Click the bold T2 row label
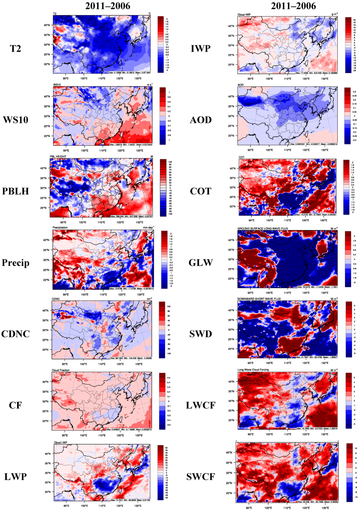click(x=15, y=48)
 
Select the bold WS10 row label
click(x=15, y=120)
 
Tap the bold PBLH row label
click(x=15, y=191)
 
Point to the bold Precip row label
click(x=15, y=263)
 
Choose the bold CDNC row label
click(x=15, y=334)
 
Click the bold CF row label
click(x=15, y=405)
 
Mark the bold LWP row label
click(x=15, y=477)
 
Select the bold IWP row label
click(x=201, y=48)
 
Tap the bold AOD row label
click(x=201, y=120)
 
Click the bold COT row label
click(x=201, y=191)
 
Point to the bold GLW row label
click(x=201, y=263)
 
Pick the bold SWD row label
click(x=201, y=334)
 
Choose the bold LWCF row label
click(x=201, y=405)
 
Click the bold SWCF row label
click(x=201, y=477)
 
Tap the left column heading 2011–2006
click(x=108, y=6)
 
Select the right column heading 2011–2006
click(x=293, y=6)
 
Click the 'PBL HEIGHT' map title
click(x=58, y=156)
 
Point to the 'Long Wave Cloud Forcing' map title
click(x=253, y=370)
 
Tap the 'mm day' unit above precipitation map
click(x=148, y=227)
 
